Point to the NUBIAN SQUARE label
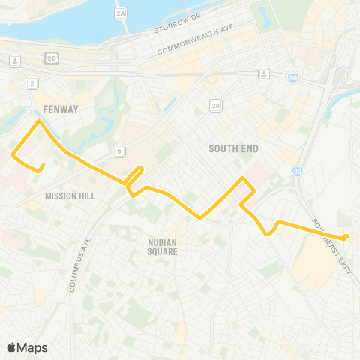tap(162, 247)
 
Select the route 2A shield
tap(121, 14)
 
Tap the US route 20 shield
tap(52, 58)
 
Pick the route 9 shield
tap(119, 151)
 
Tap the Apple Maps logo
tap(28, 346)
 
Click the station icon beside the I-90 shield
tap(264, 73)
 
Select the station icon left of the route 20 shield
tap(15, 59)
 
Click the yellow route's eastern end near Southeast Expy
tap(346, 238)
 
